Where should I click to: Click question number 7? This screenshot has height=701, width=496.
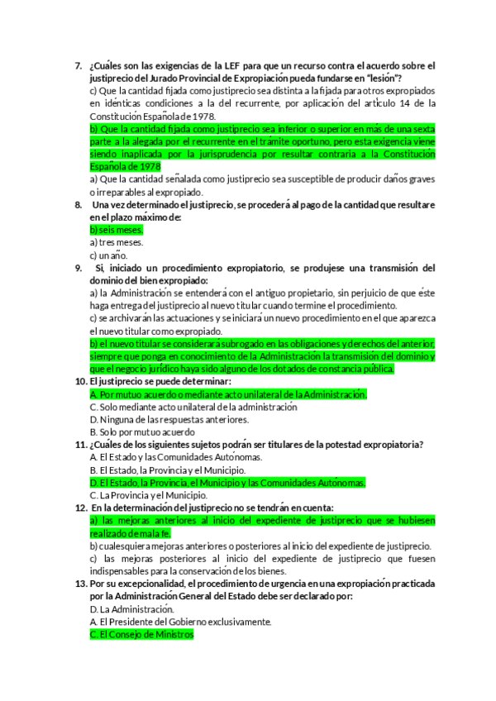click(x=78, y=65)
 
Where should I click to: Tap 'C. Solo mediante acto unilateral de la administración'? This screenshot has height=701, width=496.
click(x=193, y=407)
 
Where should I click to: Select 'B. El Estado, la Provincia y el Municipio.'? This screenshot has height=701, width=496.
click(x=172, y=470)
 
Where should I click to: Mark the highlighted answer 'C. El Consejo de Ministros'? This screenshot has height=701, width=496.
click(x=141, y=634)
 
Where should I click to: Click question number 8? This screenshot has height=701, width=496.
click(x=78, y=204)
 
